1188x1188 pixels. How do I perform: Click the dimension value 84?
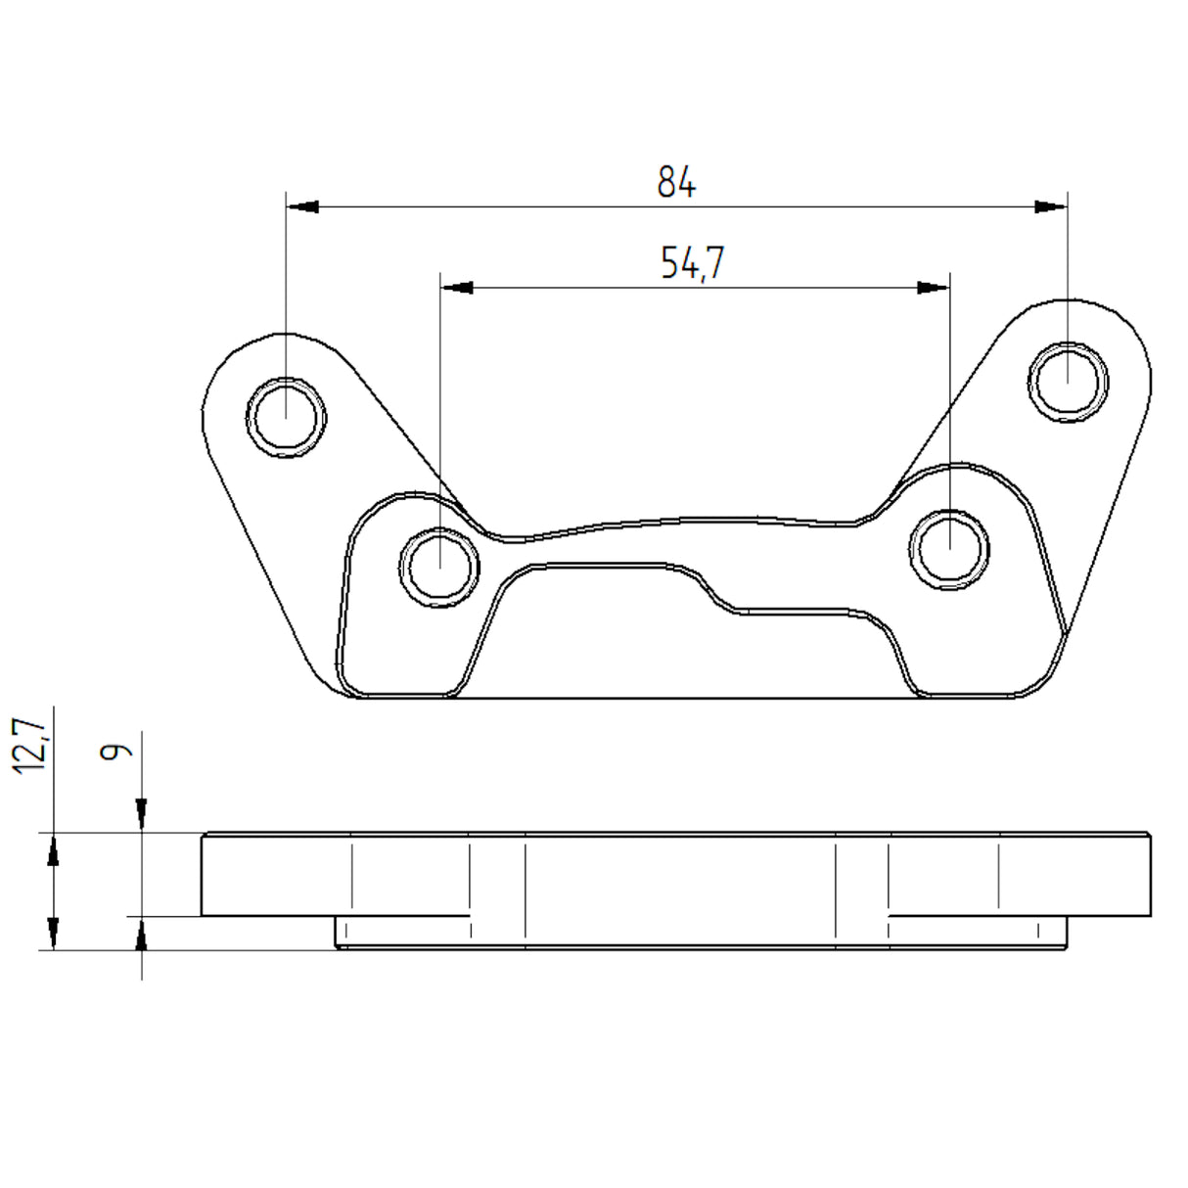pyautogui.click(x=676, y=182)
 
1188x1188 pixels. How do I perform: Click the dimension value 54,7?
pyautogui.click(x=692, y=263)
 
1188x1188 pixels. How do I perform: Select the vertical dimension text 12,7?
pyautogui.click(x=30, y=746)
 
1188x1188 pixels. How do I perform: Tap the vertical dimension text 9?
pyautogui.click(x=116, y=751)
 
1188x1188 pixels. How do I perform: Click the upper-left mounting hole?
pyautogui.click(x=286, y=418)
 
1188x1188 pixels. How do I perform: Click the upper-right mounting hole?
pyautogui.click(x=1068, y=382)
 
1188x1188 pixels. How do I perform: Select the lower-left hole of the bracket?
pyautogui.click(x=440, y=567)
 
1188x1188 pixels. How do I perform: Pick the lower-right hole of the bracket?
pyautogui.click(x=949, y=549)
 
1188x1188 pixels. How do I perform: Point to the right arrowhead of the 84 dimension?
pyautogui.click(x=1051, y=206)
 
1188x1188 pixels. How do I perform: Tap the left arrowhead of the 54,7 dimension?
pyautogui.click(x=457, y=288)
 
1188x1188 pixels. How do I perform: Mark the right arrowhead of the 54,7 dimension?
pyautogui.click(x=933, y=288)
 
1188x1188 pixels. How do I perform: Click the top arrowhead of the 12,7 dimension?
pyautogui.click(x=54, y=850)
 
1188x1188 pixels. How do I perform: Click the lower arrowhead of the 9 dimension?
pyautogui.click(x=142, y=937)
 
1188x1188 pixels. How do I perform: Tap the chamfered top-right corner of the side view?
pyautogui.click(x=1148, y=837)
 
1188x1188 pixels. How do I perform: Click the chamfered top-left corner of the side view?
pyautogui.click(x=205, y=837)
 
